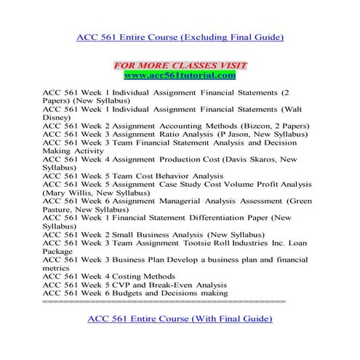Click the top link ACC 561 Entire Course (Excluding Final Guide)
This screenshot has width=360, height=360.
pos(180,36)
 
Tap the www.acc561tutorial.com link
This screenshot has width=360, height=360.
pos(180,75)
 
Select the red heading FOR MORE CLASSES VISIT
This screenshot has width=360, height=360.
pos(180,65)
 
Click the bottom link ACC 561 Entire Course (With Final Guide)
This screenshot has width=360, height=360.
pos(180,319)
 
